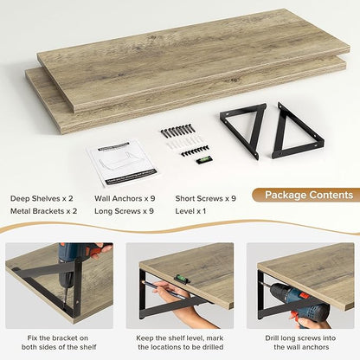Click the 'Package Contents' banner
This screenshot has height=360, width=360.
[x=307, y=195]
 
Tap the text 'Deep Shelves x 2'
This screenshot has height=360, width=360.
[x=42, y=198]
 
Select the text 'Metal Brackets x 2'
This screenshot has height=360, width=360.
[x=43, y=211]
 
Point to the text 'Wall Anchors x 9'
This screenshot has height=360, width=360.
[x=125, y=198]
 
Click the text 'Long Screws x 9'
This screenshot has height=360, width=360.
[x=124, y=211]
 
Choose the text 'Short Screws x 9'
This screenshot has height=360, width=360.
[x=206, y=198]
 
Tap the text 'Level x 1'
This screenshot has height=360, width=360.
[x=190, y=211]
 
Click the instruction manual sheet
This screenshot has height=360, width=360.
[x=123, y=163]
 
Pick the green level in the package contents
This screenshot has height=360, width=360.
[x=204, y=159]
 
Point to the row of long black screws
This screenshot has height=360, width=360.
[x=177, y=131]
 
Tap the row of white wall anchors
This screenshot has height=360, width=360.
[x=183, y=143]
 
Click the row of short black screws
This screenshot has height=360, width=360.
[x=196, y=151]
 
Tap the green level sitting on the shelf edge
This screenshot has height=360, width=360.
[x=181, y=279]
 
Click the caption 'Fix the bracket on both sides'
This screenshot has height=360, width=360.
[x=59, y=343]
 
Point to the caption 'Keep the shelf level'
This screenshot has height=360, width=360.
[x=180, y=343]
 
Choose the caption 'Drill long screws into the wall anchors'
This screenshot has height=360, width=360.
[x=300, y=343]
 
